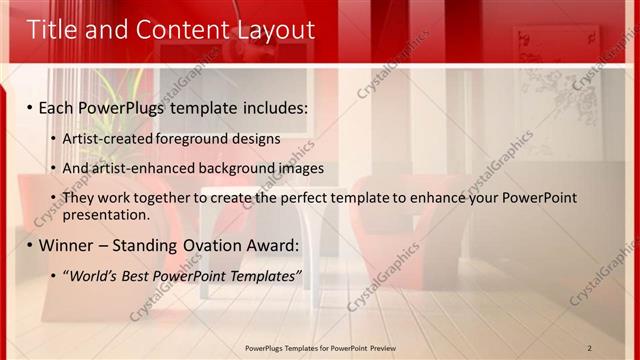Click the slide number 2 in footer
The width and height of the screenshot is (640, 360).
click(x=590, y=347)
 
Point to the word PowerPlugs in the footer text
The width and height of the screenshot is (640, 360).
click(x=267, y=347)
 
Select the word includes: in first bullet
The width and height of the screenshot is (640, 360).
click(x=275, y=106)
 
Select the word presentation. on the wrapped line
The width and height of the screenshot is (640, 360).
click(x=105, y=214)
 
